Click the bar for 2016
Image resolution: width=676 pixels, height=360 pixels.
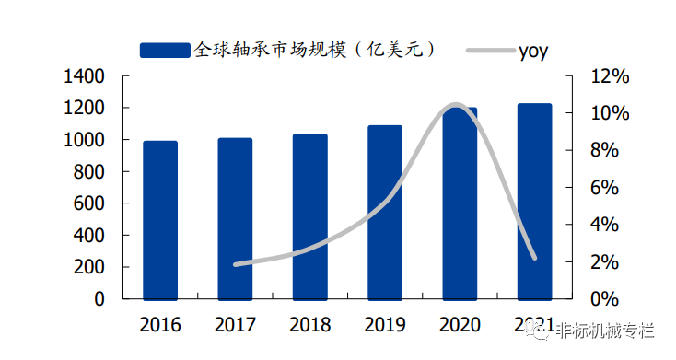(160, 220)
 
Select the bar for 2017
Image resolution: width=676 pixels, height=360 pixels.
(235, 218)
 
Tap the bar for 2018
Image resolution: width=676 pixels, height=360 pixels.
(310, 216)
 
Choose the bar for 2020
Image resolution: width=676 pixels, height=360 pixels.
(460, 203)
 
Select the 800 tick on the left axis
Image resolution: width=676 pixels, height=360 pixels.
(89, 172)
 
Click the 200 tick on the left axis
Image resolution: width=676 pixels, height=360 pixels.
(89, 267)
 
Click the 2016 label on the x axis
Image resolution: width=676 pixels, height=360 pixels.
(160, 325)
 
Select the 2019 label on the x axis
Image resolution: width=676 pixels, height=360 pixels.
(385, 325)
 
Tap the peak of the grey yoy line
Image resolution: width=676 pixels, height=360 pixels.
(455, 105)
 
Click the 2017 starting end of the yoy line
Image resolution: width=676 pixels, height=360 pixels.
(235, 264)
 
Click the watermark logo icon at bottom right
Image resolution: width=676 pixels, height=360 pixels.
(542, 332)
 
